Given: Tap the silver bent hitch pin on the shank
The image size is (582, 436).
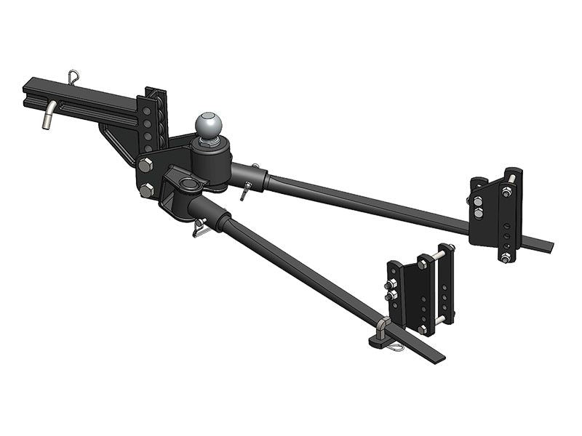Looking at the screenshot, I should [x=47, y=117].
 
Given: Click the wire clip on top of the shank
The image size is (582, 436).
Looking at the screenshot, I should [x=74, y=76].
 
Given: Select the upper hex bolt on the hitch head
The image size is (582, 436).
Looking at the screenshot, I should [x=144, y=163].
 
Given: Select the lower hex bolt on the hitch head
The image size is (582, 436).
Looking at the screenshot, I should [x=147, y=191].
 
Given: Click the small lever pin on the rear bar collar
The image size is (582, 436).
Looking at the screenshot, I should [x=245, y=190].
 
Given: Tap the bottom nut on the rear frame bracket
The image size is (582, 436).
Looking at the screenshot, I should [x=503, y=257].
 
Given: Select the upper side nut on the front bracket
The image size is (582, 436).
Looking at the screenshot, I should [x=392, y=284].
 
